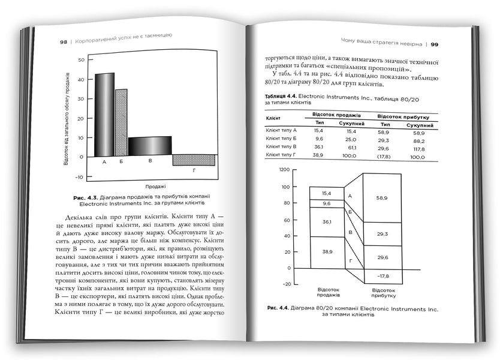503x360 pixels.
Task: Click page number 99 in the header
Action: pyautogui.click(x=434, y=44)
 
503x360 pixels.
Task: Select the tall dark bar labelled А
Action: pyautogui.click(x=104, y=114)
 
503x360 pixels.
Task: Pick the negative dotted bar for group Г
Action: pyautogui.click(x=193, y=160)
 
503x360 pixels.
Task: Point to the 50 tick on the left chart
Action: pyautogui.click(x=81, y=61)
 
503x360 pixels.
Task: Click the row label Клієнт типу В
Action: pyautogui.click(x=281, y=146)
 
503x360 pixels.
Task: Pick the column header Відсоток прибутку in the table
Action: pyautogui.click(x=401, y=115)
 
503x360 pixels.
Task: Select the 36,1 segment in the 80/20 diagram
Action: pyautogui.click(x=327, y=221)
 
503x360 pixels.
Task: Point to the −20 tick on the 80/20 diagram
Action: pyautogui.click(x=286, y=284)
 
